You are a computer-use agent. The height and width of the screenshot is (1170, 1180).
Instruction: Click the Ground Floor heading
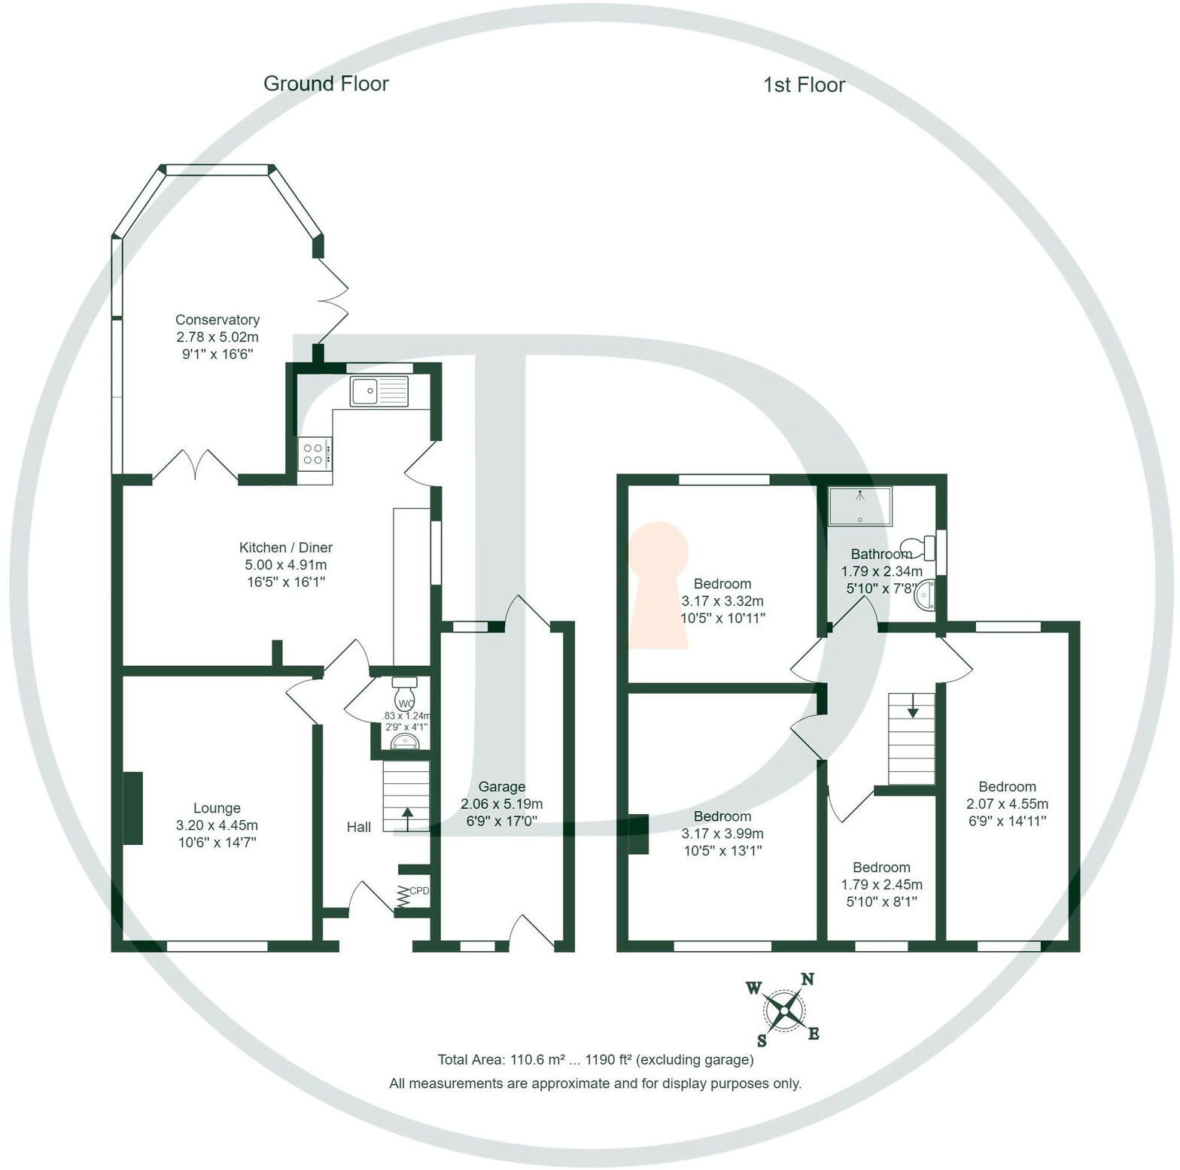(x=325, y=84)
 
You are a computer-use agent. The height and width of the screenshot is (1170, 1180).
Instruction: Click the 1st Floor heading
(x=804, y=85)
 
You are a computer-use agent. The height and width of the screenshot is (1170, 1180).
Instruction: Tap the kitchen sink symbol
(x=379, y=391)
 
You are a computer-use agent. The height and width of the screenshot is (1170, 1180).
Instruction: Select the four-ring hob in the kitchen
(x=314, y=454)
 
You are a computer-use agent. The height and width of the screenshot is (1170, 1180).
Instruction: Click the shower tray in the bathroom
(x=859, y=506)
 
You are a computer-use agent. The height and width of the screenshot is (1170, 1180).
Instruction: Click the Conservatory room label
(x=217, y=320)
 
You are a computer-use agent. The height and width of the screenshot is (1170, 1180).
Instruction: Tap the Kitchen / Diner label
(x=285, y=548)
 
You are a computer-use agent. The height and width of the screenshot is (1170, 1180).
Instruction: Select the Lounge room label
(x=217, y=808)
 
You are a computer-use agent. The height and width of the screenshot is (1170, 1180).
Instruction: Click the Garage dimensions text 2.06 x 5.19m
(x=501, y=804)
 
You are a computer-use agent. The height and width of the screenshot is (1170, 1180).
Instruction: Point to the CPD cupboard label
(x=419, y=891)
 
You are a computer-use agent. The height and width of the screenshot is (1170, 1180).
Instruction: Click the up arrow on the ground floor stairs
(x=408, y=819)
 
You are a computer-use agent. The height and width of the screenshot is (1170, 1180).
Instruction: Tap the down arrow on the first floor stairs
(x=912, y=706)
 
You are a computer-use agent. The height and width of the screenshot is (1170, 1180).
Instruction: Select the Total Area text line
(x=595, y=1059)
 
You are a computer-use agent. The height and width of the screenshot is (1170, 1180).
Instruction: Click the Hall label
(x=358, y=827)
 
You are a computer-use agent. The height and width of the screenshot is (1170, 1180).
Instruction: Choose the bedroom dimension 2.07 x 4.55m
(x=1007, y=804)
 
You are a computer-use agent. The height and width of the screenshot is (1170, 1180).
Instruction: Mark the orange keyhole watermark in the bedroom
(x=659, y=584)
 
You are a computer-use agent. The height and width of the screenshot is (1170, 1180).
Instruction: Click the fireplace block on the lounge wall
(x=132, y=808)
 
